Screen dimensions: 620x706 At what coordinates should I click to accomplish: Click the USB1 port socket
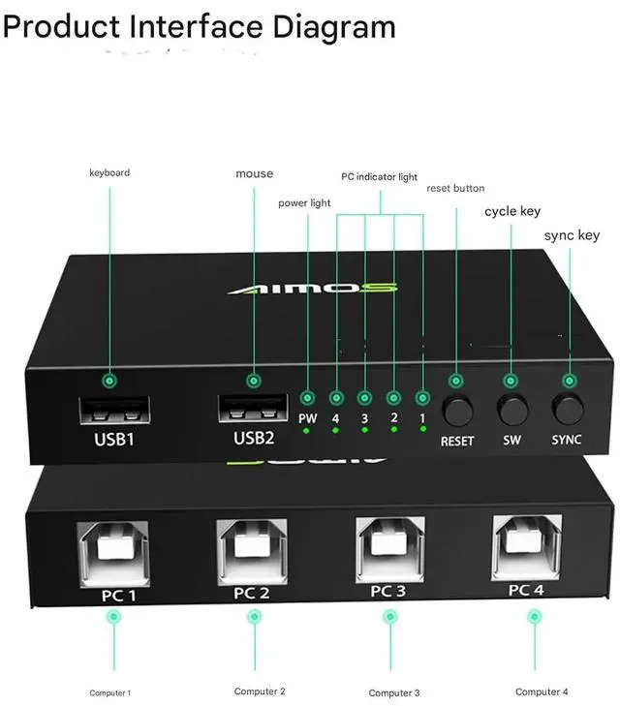(114, 410)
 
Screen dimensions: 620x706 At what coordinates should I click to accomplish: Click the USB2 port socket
(253, 408)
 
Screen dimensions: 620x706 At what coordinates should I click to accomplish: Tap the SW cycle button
(511, 410)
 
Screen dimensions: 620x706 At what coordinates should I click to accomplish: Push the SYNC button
(568, 409)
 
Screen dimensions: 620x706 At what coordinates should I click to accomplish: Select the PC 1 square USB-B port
(113, 554)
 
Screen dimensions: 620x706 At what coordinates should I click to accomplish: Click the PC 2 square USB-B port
(252, 552)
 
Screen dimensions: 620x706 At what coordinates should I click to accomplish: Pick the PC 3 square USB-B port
(389, 550)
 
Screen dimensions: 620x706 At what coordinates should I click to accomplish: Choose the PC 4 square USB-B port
(527, 548)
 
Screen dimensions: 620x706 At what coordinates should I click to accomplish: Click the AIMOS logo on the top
(313, 289)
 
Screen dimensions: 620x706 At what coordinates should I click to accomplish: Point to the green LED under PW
(306, 431)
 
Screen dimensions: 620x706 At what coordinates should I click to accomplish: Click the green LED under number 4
(335, 430)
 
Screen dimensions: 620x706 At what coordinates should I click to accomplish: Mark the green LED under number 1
(422, 429)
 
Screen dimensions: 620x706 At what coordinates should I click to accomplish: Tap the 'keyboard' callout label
(109, 172)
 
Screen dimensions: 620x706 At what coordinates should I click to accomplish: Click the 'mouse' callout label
(255, 173)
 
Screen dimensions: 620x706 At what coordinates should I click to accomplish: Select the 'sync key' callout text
(572, 235)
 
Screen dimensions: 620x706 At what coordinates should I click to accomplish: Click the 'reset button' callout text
(455, 188)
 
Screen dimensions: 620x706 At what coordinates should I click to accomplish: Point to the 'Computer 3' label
(394, 693)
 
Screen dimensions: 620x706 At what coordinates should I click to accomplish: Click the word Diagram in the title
(334, 27)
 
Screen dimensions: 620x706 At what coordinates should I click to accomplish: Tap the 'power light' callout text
(304, 203)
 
